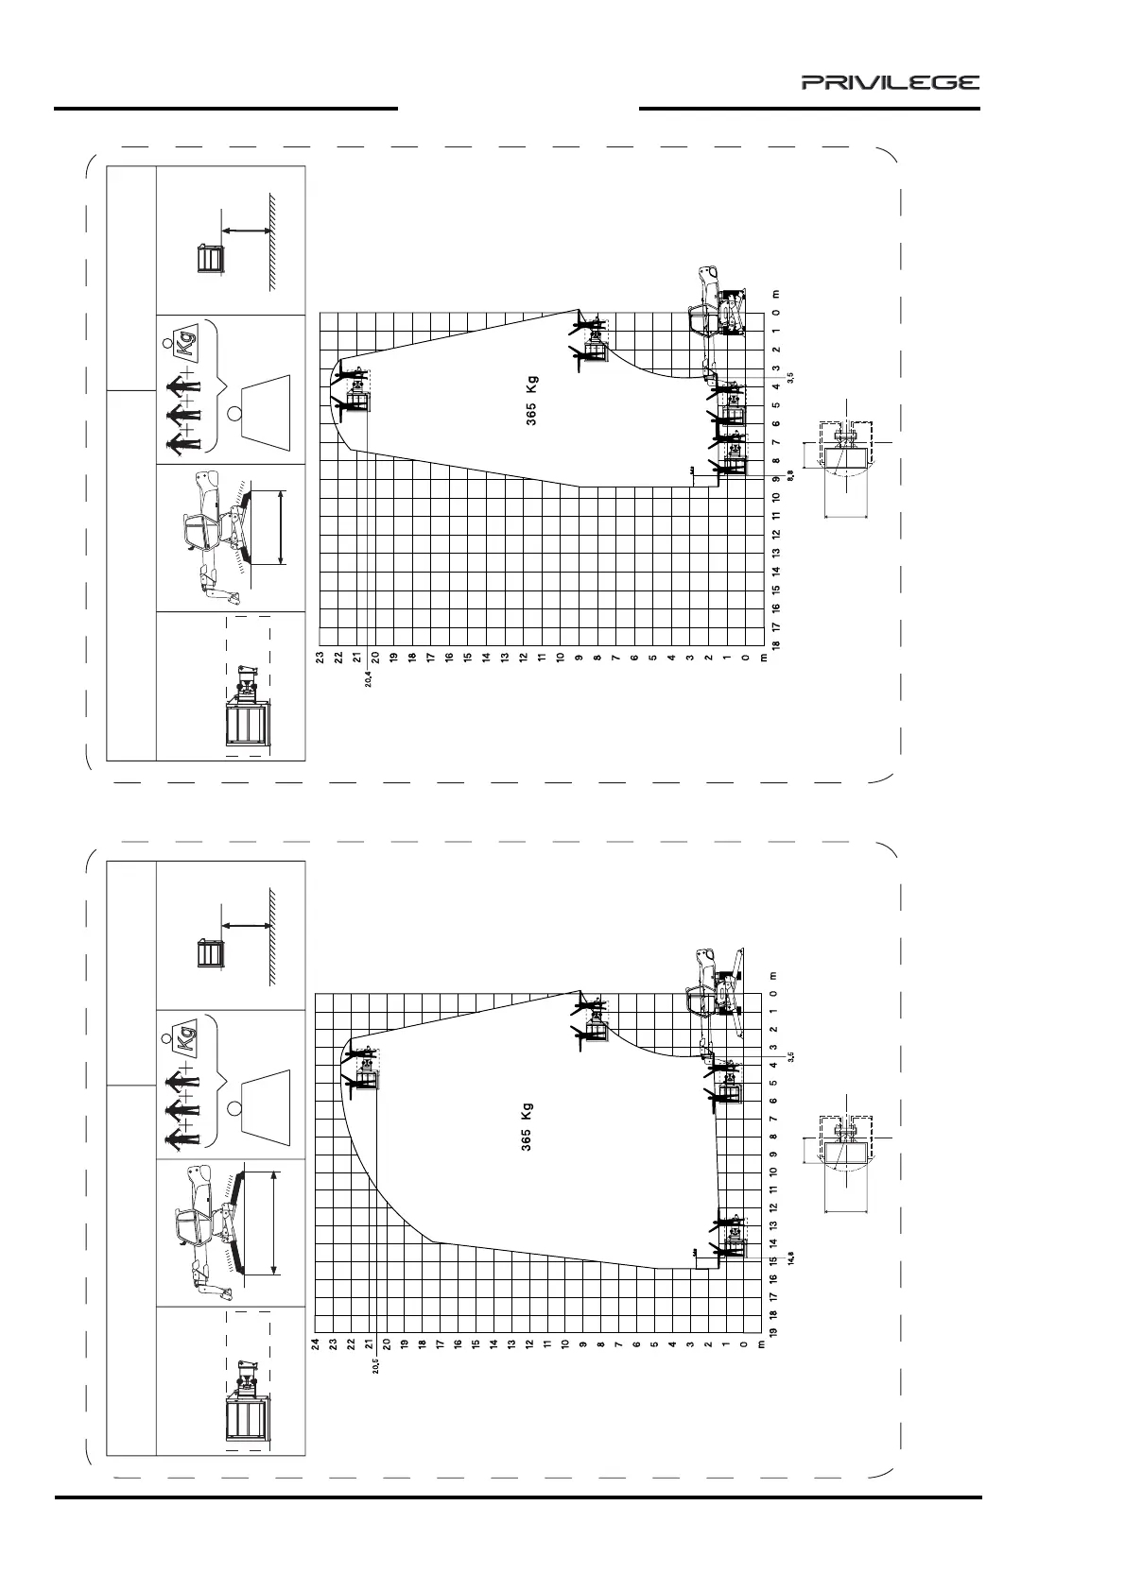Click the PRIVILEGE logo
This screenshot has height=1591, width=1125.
891,83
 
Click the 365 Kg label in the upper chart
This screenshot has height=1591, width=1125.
531,402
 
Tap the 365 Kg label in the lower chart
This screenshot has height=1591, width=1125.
527,1126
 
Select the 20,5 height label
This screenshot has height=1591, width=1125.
374,1366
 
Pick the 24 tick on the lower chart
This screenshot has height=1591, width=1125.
315,1343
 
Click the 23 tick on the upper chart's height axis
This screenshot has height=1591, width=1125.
320,657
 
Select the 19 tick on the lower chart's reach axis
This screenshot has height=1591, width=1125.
773,1332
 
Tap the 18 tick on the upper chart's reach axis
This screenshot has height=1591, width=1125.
775,644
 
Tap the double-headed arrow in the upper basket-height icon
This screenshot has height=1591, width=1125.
246,230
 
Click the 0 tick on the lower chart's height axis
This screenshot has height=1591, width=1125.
744,1343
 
